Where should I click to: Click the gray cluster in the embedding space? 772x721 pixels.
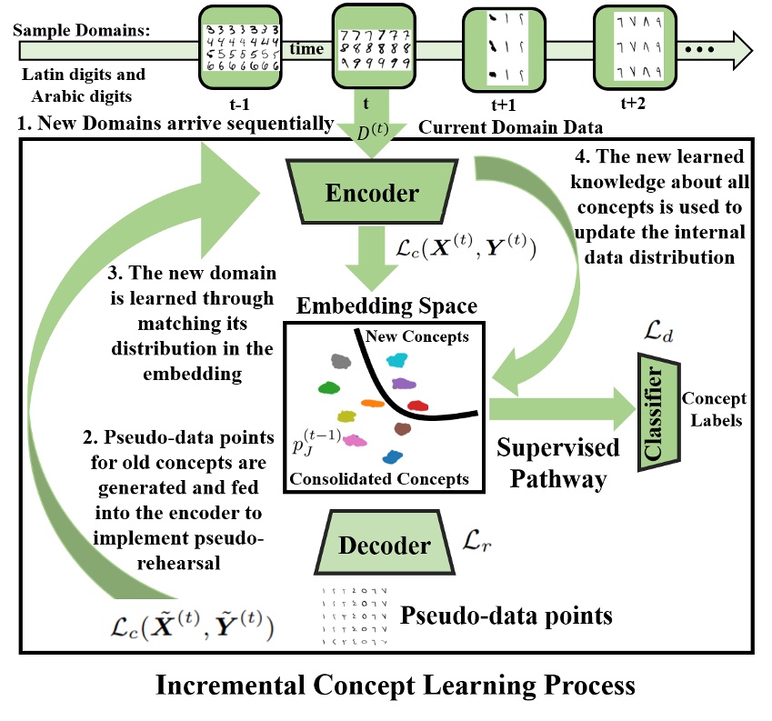tap(341, 361)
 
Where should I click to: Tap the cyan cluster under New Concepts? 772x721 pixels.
tap(398, 360)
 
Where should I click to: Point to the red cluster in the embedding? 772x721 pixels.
tap(417, 405)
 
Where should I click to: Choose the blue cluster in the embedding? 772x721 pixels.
tap(393, 458)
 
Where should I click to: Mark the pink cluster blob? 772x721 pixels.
tap(356, 440)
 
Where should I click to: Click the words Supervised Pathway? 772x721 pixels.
tap(557, 462)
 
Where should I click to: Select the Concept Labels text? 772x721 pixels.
tap(715, 408)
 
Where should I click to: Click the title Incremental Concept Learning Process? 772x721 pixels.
tap(385, 686)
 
